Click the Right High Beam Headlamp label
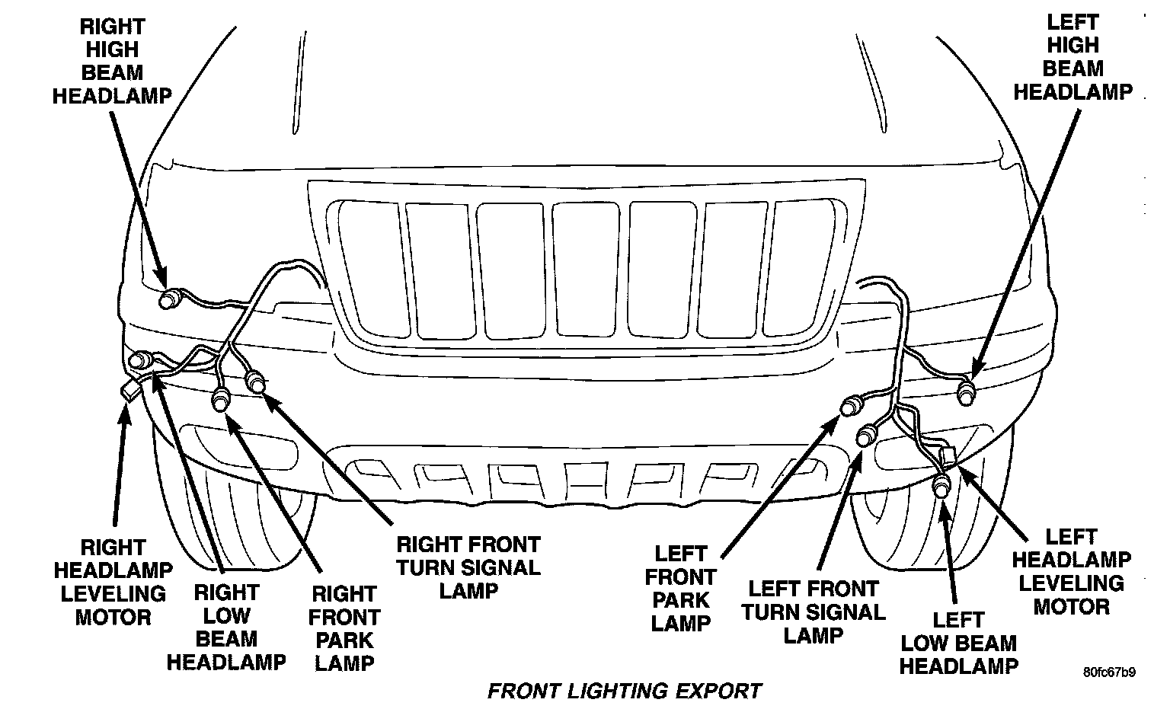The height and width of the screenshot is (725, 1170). pos(112,62)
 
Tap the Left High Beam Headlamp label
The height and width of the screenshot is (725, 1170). pos(1072,56)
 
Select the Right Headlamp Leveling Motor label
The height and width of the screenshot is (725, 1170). pos(113,583)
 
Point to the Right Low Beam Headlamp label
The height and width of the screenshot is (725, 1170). pos(226,628)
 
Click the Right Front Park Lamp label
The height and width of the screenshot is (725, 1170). pos(345,628)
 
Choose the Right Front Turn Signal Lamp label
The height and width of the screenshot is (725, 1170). pos(468,567)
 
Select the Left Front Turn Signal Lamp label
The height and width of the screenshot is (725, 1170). pos(814,612)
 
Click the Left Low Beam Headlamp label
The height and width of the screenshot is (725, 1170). pos(958,643)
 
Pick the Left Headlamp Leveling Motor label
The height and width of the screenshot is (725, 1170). pos(1071,572)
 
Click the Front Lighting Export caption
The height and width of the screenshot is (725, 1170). pos(624,691)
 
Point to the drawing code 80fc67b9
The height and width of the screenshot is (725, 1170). pos(1109,672)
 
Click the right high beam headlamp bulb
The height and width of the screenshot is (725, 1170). pos(168,299)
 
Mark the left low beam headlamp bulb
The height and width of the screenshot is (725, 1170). pos(942,485)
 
